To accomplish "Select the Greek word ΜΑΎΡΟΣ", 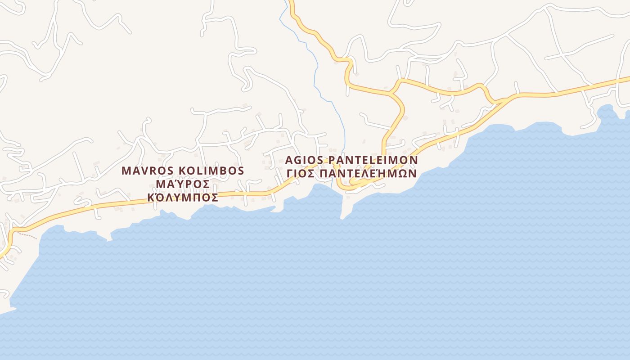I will tap(183, 184).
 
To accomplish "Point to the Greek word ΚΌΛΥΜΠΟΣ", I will tap(183, 197).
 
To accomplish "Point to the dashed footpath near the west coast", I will tap(28, 235).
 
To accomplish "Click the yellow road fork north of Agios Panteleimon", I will tap(392, 92).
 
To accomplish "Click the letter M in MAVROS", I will tap(126, 171).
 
